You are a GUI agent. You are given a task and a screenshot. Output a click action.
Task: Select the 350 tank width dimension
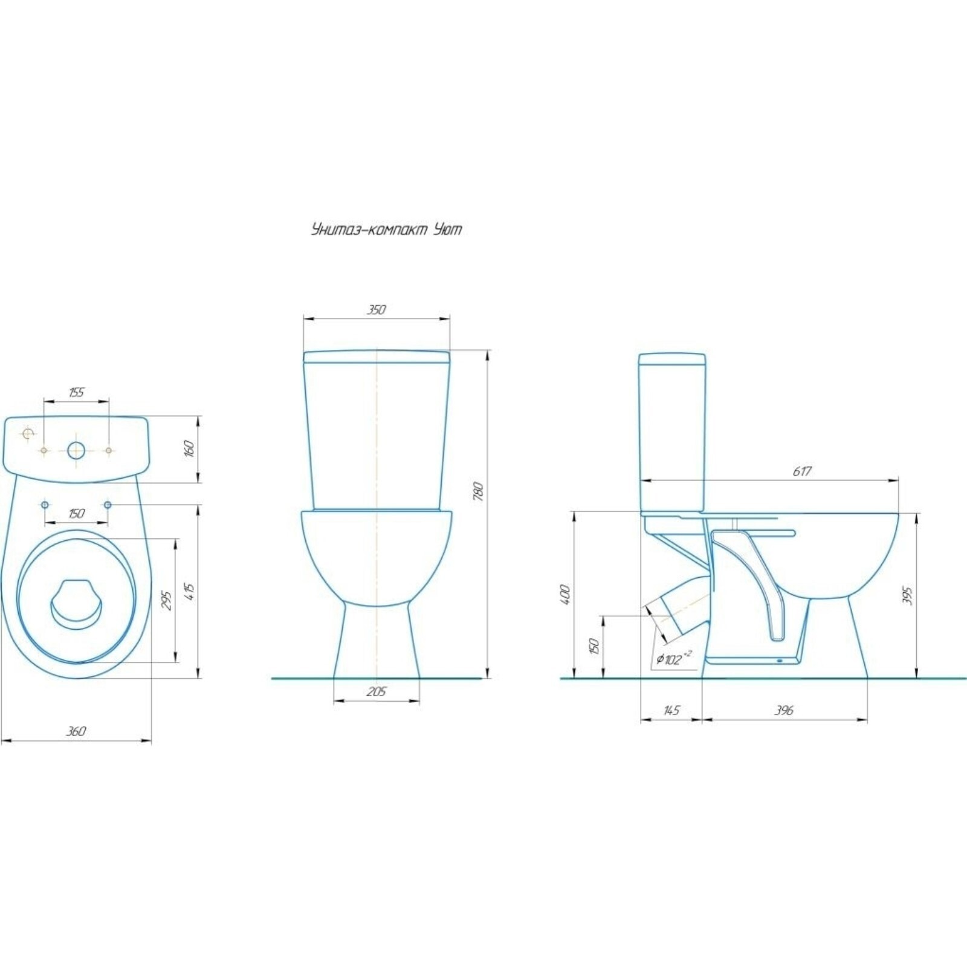tap(375, 309)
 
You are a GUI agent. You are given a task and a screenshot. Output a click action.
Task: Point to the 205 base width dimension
tap(376, 692)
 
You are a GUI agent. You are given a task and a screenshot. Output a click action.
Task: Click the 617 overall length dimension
tap(802, 471)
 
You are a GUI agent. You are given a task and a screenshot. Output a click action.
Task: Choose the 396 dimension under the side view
tap(783, 711)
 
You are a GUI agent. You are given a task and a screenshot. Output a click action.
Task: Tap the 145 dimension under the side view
tap(671, 710)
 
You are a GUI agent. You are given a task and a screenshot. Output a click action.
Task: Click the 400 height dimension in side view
tap(566, 595)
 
